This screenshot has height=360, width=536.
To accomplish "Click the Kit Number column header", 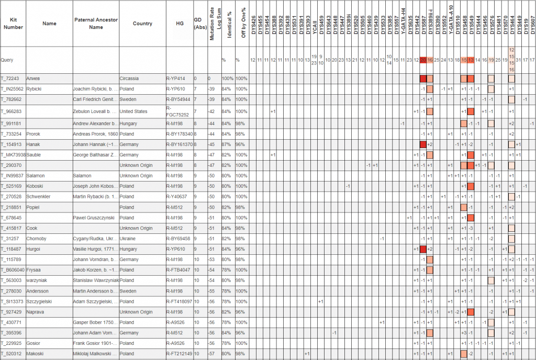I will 13,23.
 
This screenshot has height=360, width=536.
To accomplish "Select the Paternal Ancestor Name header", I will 96,23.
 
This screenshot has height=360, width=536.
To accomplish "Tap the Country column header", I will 142,23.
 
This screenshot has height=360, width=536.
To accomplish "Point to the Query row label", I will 7,60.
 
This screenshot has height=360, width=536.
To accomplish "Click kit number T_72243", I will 11,78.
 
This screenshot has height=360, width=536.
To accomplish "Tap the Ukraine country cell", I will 128,238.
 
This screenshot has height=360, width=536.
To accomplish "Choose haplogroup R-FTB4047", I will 179,269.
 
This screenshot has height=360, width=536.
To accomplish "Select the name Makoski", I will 36,354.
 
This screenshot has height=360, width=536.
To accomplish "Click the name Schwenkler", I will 39,196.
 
